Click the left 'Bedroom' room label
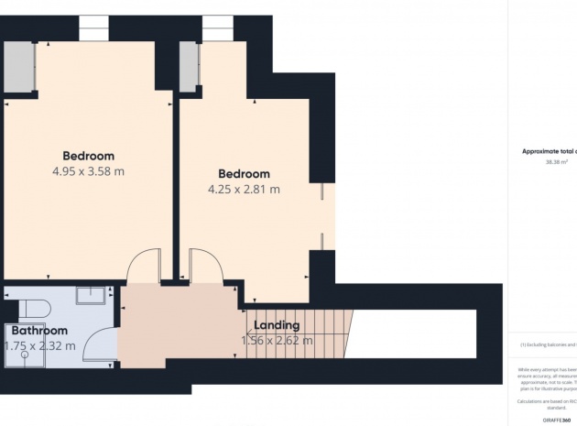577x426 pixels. coord(88,156)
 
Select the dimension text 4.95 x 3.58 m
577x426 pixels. coord(88,171)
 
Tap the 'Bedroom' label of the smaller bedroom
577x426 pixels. coord(244,174)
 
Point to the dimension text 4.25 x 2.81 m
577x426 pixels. coord(244,190)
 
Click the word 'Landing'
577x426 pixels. coord(277,325)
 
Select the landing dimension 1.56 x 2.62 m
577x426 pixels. coord(277,340)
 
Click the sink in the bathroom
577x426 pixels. coord(91,295)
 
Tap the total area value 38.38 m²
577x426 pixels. coord(556,161)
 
